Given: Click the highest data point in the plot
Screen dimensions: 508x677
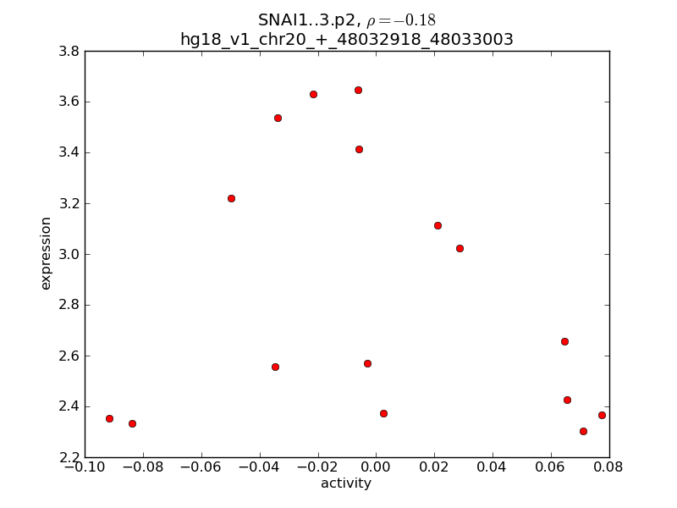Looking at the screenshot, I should point(358,90).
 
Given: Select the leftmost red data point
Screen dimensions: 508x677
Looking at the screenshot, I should point(109,418).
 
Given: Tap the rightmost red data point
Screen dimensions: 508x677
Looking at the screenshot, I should point(602,415).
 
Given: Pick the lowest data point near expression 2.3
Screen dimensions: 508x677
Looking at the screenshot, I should point(583,431).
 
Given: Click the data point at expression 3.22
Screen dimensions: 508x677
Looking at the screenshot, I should point(231,198).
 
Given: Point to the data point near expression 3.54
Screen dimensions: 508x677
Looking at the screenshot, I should point(278,118).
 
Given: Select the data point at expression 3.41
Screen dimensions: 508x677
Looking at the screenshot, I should point(359,149).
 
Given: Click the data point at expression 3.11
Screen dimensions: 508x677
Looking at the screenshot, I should point(438,225).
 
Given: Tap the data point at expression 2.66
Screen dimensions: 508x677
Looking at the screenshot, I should point(564,341).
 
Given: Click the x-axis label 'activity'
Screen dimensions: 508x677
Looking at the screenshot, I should point(345,483).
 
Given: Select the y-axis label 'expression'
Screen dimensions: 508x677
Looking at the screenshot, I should point(46,253).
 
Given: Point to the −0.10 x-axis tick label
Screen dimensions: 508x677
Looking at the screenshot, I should point(85,467).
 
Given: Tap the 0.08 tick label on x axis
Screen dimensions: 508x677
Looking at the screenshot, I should point(608,467).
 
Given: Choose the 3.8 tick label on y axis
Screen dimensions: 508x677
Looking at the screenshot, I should point(69,51).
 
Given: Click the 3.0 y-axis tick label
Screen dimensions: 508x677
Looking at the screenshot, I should point(69,254).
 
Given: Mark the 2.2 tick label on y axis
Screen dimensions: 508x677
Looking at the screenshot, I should point(69,457).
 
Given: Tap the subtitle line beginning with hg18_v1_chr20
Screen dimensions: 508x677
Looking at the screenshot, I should point(347,39).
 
